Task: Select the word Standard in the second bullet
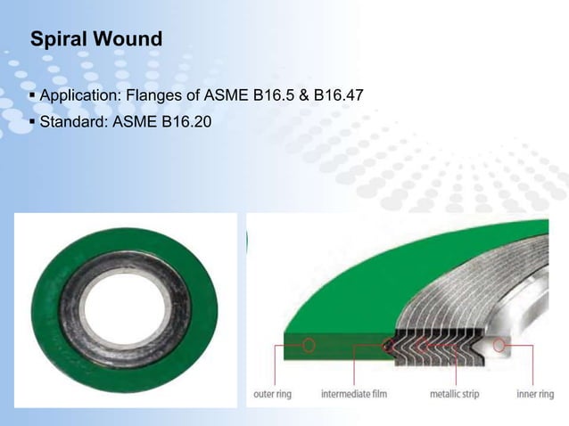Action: click(73, 120)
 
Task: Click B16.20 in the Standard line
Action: click(186, 120)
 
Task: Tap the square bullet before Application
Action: click(33, 95)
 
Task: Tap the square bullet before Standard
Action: click(33, 120)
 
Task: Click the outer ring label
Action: click(276, 393)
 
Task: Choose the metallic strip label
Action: click(456, 393)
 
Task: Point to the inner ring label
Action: click(535, 393)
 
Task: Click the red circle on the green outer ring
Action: click(308, 343)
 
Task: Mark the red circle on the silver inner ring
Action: click(499, 343)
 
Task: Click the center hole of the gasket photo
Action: click(125, 307)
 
